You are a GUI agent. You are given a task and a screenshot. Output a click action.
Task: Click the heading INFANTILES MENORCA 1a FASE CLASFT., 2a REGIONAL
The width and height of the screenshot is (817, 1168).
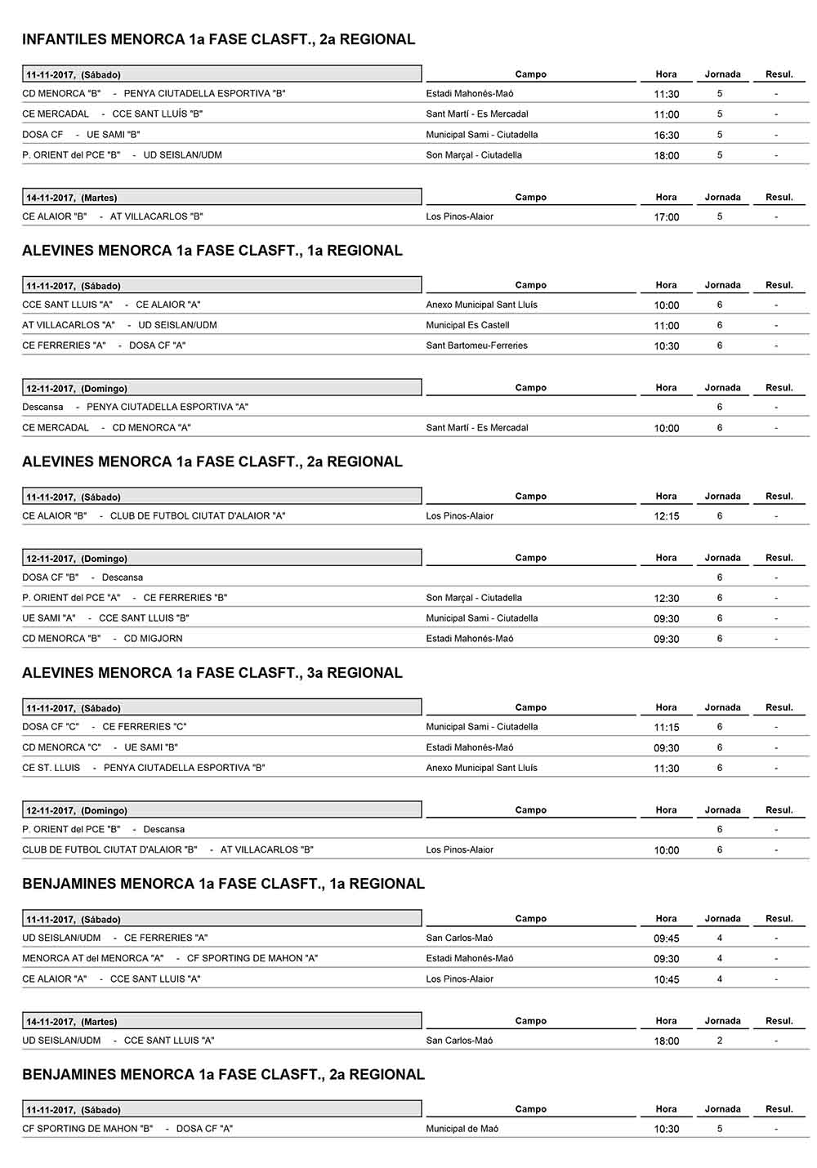click(218, 39)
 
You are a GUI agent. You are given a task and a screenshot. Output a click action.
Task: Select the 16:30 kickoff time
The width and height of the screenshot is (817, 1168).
click(667, 136)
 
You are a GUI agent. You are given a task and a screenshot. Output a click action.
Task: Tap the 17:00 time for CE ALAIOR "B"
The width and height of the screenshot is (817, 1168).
click(667, 217)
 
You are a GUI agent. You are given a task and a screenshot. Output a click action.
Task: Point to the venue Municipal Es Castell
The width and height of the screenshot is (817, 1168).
click(467, 325)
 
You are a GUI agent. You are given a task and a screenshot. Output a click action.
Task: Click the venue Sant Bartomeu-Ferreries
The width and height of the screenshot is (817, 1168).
click(476, 345)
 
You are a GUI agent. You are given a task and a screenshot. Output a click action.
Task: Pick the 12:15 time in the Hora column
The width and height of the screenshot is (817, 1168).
click(667, 516)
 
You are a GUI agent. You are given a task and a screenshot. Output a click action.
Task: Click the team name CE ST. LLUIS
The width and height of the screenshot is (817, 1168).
click(51, 768)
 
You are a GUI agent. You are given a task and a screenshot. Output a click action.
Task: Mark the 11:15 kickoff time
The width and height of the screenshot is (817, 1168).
click(667, 728)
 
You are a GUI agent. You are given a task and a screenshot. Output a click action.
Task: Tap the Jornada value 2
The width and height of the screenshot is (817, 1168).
click(720, 1041)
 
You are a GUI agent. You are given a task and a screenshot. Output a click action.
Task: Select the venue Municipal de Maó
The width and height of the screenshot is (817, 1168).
click(462, 1129)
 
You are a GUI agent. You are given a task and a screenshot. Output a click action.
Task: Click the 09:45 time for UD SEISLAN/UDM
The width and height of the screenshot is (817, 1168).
click(667, 938)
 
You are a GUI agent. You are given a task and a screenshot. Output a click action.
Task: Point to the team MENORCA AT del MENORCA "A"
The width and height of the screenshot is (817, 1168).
click(93, 958)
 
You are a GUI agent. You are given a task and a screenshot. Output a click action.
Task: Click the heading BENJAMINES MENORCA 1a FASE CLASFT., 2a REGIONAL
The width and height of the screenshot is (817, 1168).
click(223, 1075)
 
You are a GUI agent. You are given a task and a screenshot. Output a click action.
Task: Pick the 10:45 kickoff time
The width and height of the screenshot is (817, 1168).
click(667, 979)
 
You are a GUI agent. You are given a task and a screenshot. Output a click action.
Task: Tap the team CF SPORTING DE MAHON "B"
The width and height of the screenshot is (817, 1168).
click(87, 1129)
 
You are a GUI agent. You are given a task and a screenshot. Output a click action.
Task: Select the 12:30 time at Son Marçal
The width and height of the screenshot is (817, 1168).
click(667, 599)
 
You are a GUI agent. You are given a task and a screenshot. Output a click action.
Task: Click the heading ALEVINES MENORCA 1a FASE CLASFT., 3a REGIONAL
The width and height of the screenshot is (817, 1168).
click(212, 673)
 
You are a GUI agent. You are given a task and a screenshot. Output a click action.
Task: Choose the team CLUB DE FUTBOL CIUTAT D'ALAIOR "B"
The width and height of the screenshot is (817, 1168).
click(109, 849)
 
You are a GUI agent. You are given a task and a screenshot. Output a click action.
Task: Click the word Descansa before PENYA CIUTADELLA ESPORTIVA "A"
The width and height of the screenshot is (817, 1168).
click(42, 407)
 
